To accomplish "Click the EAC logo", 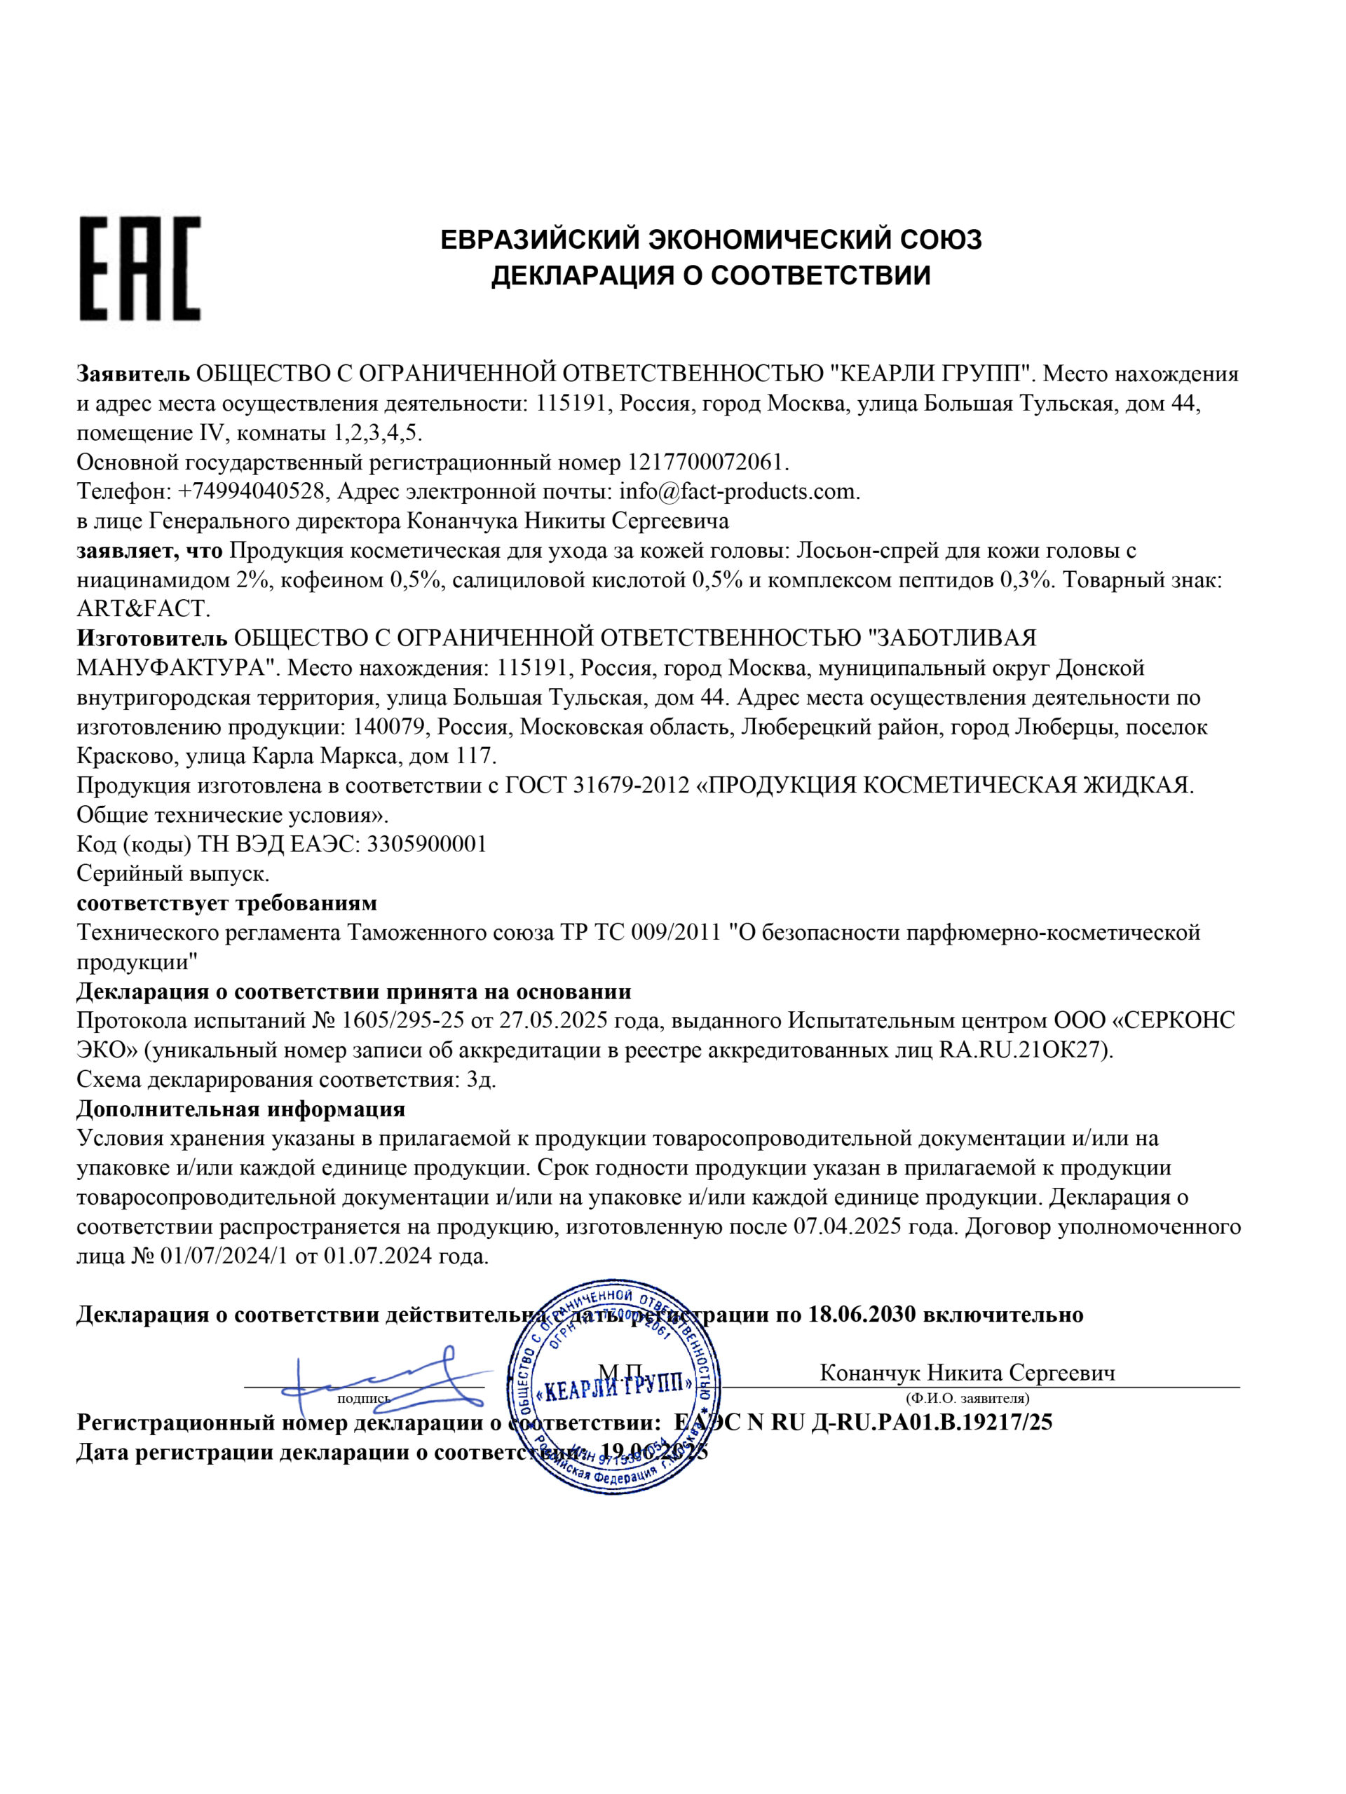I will pos(139,268).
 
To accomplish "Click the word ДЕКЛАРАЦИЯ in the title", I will pos(577,275).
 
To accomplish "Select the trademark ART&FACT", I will pos(143,608).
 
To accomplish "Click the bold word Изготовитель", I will pos(151,638).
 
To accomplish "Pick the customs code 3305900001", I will pos(427,844).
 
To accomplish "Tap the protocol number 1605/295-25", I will pos(402,1020).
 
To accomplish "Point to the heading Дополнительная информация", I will pos(240,1109).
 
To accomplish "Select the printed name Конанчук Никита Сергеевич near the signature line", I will pos(967,1372).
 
